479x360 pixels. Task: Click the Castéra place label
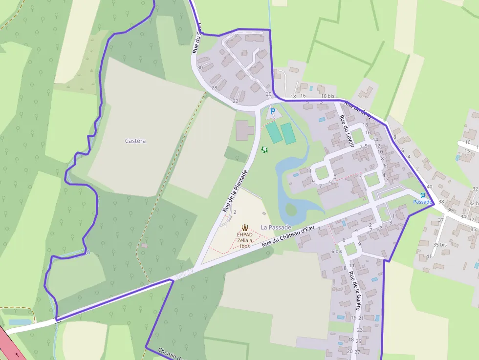[135, 141]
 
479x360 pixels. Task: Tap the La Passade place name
[276, 227]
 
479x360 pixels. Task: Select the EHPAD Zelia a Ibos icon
[244, 227]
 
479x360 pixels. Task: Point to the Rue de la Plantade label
[235, 191]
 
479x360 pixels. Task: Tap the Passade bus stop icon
[423, 195]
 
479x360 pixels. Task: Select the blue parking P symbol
[273, 112]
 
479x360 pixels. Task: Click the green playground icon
[265, 150]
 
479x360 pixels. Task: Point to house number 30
[199, 67]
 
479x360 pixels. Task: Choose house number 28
[214, 87]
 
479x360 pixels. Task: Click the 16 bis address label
[327, 96]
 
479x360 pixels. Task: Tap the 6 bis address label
[336, 251]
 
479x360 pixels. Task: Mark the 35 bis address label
[440, 244]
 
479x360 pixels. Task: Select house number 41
[429, 256]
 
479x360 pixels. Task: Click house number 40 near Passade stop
[429, 187]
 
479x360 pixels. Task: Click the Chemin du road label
[171, 354]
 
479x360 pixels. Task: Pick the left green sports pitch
[274, 132]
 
